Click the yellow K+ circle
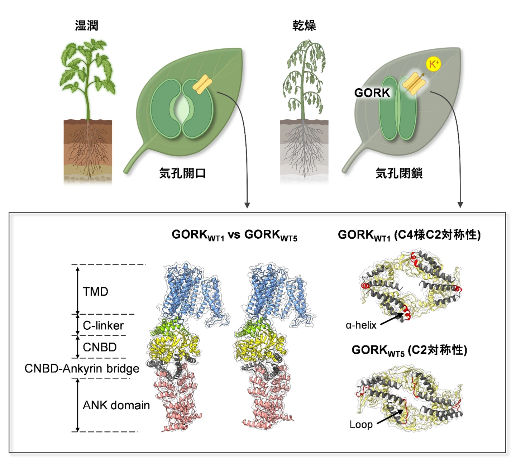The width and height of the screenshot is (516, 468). click(433, 65)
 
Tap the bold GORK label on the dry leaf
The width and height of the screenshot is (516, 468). click(372, 93)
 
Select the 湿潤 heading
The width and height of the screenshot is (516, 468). click(86, 25)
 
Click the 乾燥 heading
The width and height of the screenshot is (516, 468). click(304, 25)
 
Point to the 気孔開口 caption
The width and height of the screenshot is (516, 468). click(182, 173)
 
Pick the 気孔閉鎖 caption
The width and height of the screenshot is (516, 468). click(399, 173)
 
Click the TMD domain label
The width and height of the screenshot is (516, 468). click(95, 292)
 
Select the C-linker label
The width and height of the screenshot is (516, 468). click(103, 325)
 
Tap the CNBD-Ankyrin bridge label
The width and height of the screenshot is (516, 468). click(82, 368)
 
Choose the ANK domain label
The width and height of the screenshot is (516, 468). click(116, 405)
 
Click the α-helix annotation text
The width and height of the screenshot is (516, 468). click(361, 325)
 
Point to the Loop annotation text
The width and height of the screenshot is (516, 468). click(361, 425)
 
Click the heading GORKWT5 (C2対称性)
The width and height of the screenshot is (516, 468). click(409, 350)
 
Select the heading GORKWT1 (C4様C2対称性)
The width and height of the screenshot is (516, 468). click(409, 235)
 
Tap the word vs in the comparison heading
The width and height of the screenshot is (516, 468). click(234, 235)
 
